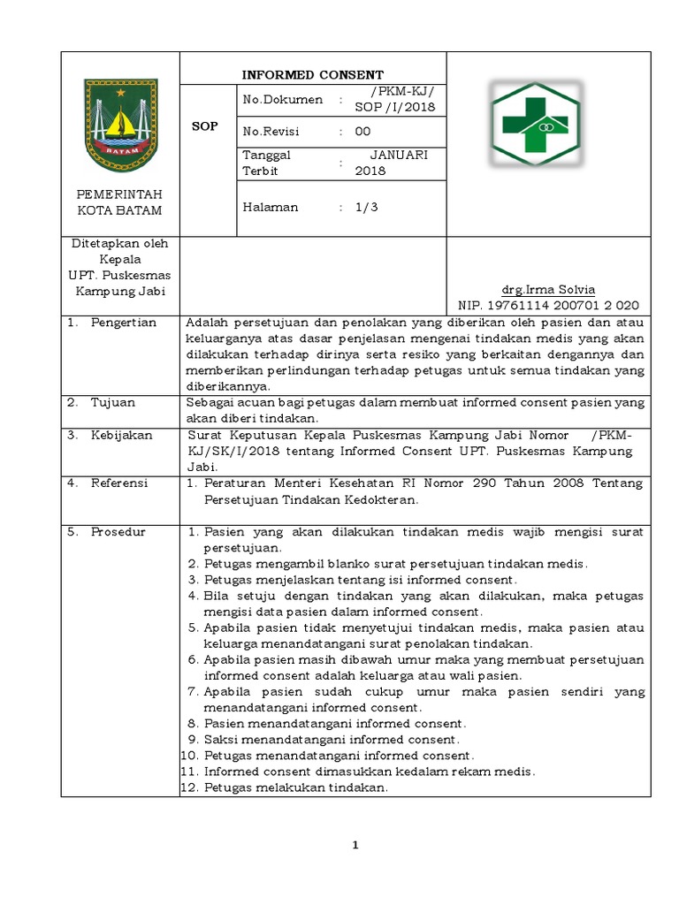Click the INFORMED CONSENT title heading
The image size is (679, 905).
pyautogui.click(x=314, y=74)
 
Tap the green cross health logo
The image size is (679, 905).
pyautogui.click(x=537, y=125)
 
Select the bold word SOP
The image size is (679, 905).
pyautogui.click(x=205, y=127)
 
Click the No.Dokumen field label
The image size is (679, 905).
pyautogui.click(x=282, y=100)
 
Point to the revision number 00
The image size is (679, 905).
pyautogui.click(x=362, y=132)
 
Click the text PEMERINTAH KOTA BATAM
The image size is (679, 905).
pyautogui.click(x=119, y=202)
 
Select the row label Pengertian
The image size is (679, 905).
pyautogui.click(x=123, y=323)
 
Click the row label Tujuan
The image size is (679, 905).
pyautogui.click(x=112, y=402)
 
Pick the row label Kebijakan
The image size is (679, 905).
pyautogui.click(x=121, y=436)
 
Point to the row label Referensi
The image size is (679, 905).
pyautogui.click(x=119, y=483)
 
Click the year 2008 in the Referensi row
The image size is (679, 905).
pyautogui.click(x=545, y=483)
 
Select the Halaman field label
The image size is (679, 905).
pyautogui.click(x=270, y=207)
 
